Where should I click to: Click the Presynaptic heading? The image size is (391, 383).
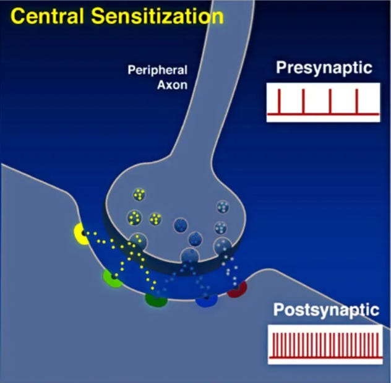pyautogui.click(x=324, y=67)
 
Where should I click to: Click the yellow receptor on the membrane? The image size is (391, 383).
pyautogui.click(x=81, y=233)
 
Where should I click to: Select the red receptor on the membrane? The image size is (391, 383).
pyautogui.click(x=237, y=288)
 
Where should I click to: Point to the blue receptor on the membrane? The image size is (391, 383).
pyautogui.click(x=206, y=300)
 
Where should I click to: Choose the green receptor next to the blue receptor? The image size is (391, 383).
pyautogui.click(x=156, y=299)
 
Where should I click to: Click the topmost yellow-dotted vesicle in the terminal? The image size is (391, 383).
pyautogui.click(x=139, y=195)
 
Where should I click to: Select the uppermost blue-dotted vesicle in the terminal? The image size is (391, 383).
pyautogui.click(x=222, y=206)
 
